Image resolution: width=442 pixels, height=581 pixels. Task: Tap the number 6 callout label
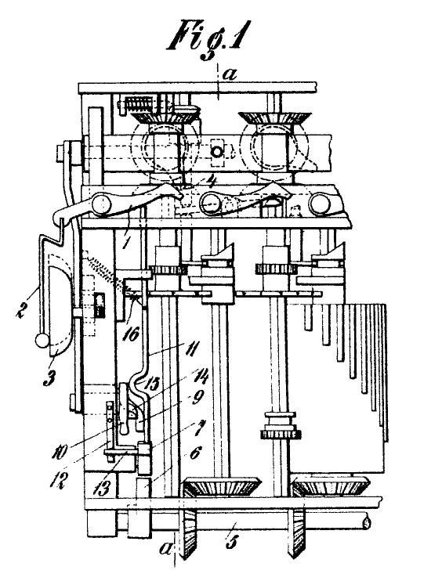tap(196, 453)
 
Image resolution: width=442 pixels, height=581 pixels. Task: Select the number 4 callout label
tap(212, 182)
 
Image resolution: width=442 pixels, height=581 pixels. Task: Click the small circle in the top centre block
tap(216, 151)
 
